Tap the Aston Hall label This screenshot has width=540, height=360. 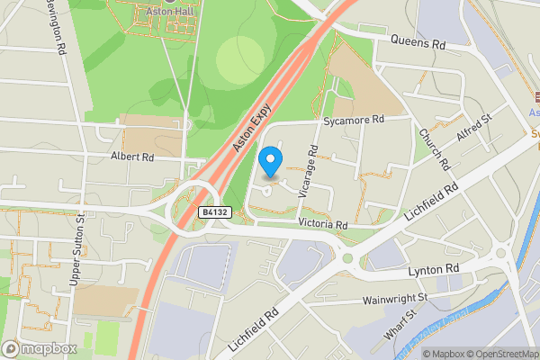171,12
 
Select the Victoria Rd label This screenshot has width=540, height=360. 322,223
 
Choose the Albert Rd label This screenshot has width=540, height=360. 132,157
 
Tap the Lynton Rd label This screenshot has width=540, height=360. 434,269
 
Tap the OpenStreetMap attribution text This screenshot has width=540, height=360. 499,354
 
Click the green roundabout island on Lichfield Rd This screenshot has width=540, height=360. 347,258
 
